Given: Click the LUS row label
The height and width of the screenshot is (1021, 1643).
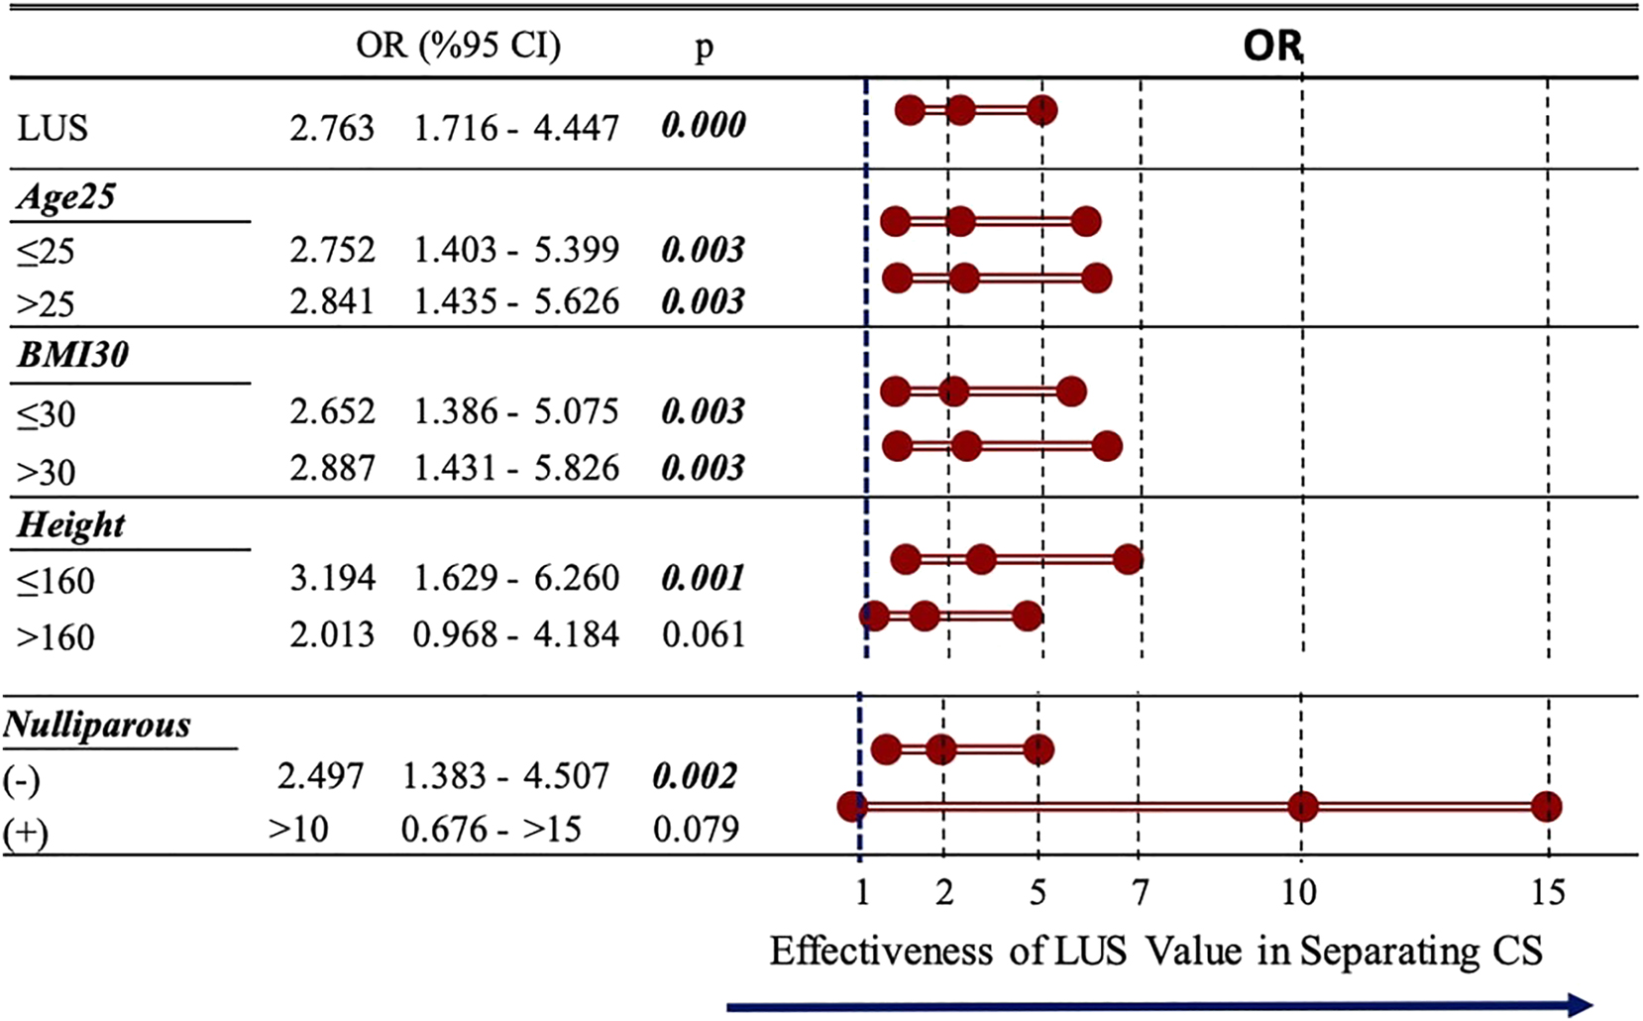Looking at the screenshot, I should click(53, 129).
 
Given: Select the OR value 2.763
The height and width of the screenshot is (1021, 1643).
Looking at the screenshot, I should click(332, 128).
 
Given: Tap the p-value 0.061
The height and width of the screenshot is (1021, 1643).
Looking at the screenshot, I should click(703, 634).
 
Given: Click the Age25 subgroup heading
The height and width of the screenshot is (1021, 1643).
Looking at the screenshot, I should click(66, 197).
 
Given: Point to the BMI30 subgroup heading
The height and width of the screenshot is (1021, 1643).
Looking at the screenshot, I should click(72, 355).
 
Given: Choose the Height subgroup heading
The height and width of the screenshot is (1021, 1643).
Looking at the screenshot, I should click(70, 524).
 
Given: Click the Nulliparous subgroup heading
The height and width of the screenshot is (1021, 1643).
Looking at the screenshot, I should click(97, 725).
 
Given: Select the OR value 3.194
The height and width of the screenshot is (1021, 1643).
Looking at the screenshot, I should click(332, 578).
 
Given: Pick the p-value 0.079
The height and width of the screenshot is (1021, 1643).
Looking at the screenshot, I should click(696, 829).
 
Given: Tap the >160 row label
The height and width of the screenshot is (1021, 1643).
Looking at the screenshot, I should click(55, 636).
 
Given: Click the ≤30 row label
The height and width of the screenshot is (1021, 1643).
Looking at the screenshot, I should click(46, 413).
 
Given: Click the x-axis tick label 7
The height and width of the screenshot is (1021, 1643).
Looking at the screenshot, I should click(1141, 893).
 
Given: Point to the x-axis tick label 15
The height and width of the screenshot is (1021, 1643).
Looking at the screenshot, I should click(1548, 893).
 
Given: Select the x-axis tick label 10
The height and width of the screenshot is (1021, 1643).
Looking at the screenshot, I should click(1299, 893).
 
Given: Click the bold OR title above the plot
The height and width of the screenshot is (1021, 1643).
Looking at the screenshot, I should click(1272, 46).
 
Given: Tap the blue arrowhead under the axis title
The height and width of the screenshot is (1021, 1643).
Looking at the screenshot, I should click(1579, 1005).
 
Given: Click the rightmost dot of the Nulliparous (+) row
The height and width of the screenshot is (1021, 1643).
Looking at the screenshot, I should click(1547, 807).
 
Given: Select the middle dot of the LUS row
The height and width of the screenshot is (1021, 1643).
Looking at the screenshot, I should click(959, 110).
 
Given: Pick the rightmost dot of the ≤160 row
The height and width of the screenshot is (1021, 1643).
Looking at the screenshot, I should click(1128, 560).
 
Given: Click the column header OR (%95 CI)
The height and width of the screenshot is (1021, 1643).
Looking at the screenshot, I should click(458, 46).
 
